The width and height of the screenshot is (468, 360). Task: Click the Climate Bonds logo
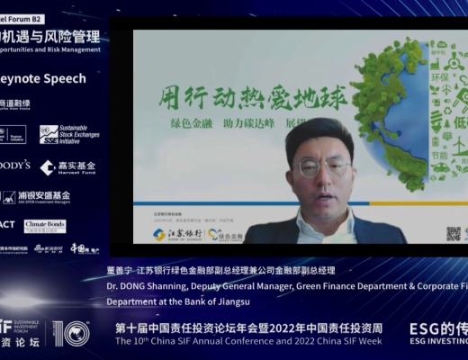pyautogui.click(x=44, y=225)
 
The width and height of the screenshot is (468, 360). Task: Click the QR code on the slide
pyautogui.click(x=454, y=233)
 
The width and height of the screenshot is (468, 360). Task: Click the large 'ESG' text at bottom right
pyautogui.click(x=427, y=328)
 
